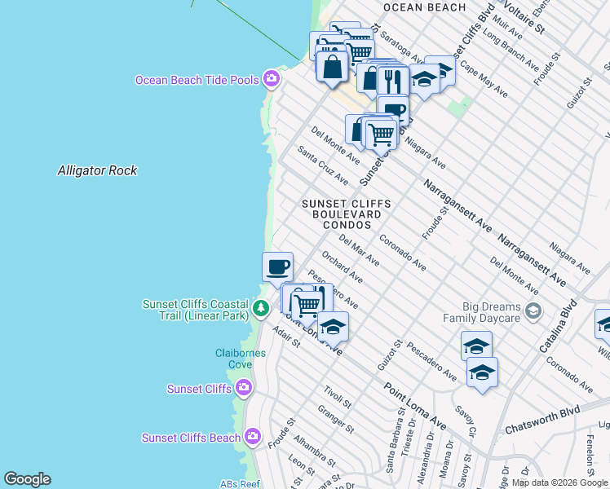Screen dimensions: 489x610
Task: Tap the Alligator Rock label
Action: (97, 170)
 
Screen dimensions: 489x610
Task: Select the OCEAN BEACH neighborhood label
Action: (424, 7)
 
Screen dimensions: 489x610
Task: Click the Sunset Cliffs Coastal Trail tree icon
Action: (260, 308)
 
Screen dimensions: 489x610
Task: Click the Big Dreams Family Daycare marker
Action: (533, 311)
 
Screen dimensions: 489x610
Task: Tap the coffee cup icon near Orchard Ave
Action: (277, 266)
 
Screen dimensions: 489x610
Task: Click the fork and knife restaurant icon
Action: (393, 81)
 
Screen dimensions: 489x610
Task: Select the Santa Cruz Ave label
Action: (323, 165)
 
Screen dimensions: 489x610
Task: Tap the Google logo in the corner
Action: (27, 479)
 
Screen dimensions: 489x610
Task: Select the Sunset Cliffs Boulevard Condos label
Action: (346, 214)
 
